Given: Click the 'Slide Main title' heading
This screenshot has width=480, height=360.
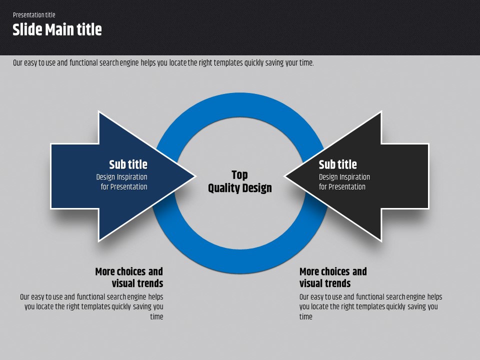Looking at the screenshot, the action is pyautogui.click(x=57, y=30).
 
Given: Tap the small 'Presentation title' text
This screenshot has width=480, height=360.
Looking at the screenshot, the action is pyautogui.click(x=34, y=14).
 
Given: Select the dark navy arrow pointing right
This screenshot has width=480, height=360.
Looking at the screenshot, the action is pyautogui.click(x=123, y=176).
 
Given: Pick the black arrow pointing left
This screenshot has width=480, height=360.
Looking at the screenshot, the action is pyautogui.click(x=356, y=176).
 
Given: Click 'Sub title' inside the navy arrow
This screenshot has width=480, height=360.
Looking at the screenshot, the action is pyautogui.click(x=128, y=164).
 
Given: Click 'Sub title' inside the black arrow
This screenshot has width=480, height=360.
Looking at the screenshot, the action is pyautogui.click(x=337, y=164).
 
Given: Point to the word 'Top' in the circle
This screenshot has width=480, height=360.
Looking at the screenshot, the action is pyautogui.click(x=239, y=175).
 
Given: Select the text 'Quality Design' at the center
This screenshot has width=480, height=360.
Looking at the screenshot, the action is pyautogui.click(x=239, y=188).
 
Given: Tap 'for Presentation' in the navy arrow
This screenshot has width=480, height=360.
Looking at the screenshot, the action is pyautogui.click(x=124, y=186).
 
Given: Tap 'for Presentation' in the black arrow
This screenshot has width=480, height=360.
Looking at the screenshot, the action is pyautogui.click(x=342, y=186).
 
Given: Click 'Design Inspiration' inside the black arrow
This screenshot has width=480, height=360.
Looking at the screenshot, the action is pyautogui.click(x=344, y=177).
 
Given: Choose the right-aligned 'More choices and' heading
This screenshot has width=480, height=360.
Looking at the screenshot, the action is pyautogui.click(x=129, y=271).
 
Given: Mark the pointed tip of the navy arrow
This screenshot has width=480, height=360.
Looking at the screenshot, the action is pyautogui.click(x=196, y=176).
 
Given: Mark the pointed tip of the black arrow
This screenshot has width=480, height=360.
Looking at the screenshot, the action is pyautogui.click(x=284, y=176).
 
